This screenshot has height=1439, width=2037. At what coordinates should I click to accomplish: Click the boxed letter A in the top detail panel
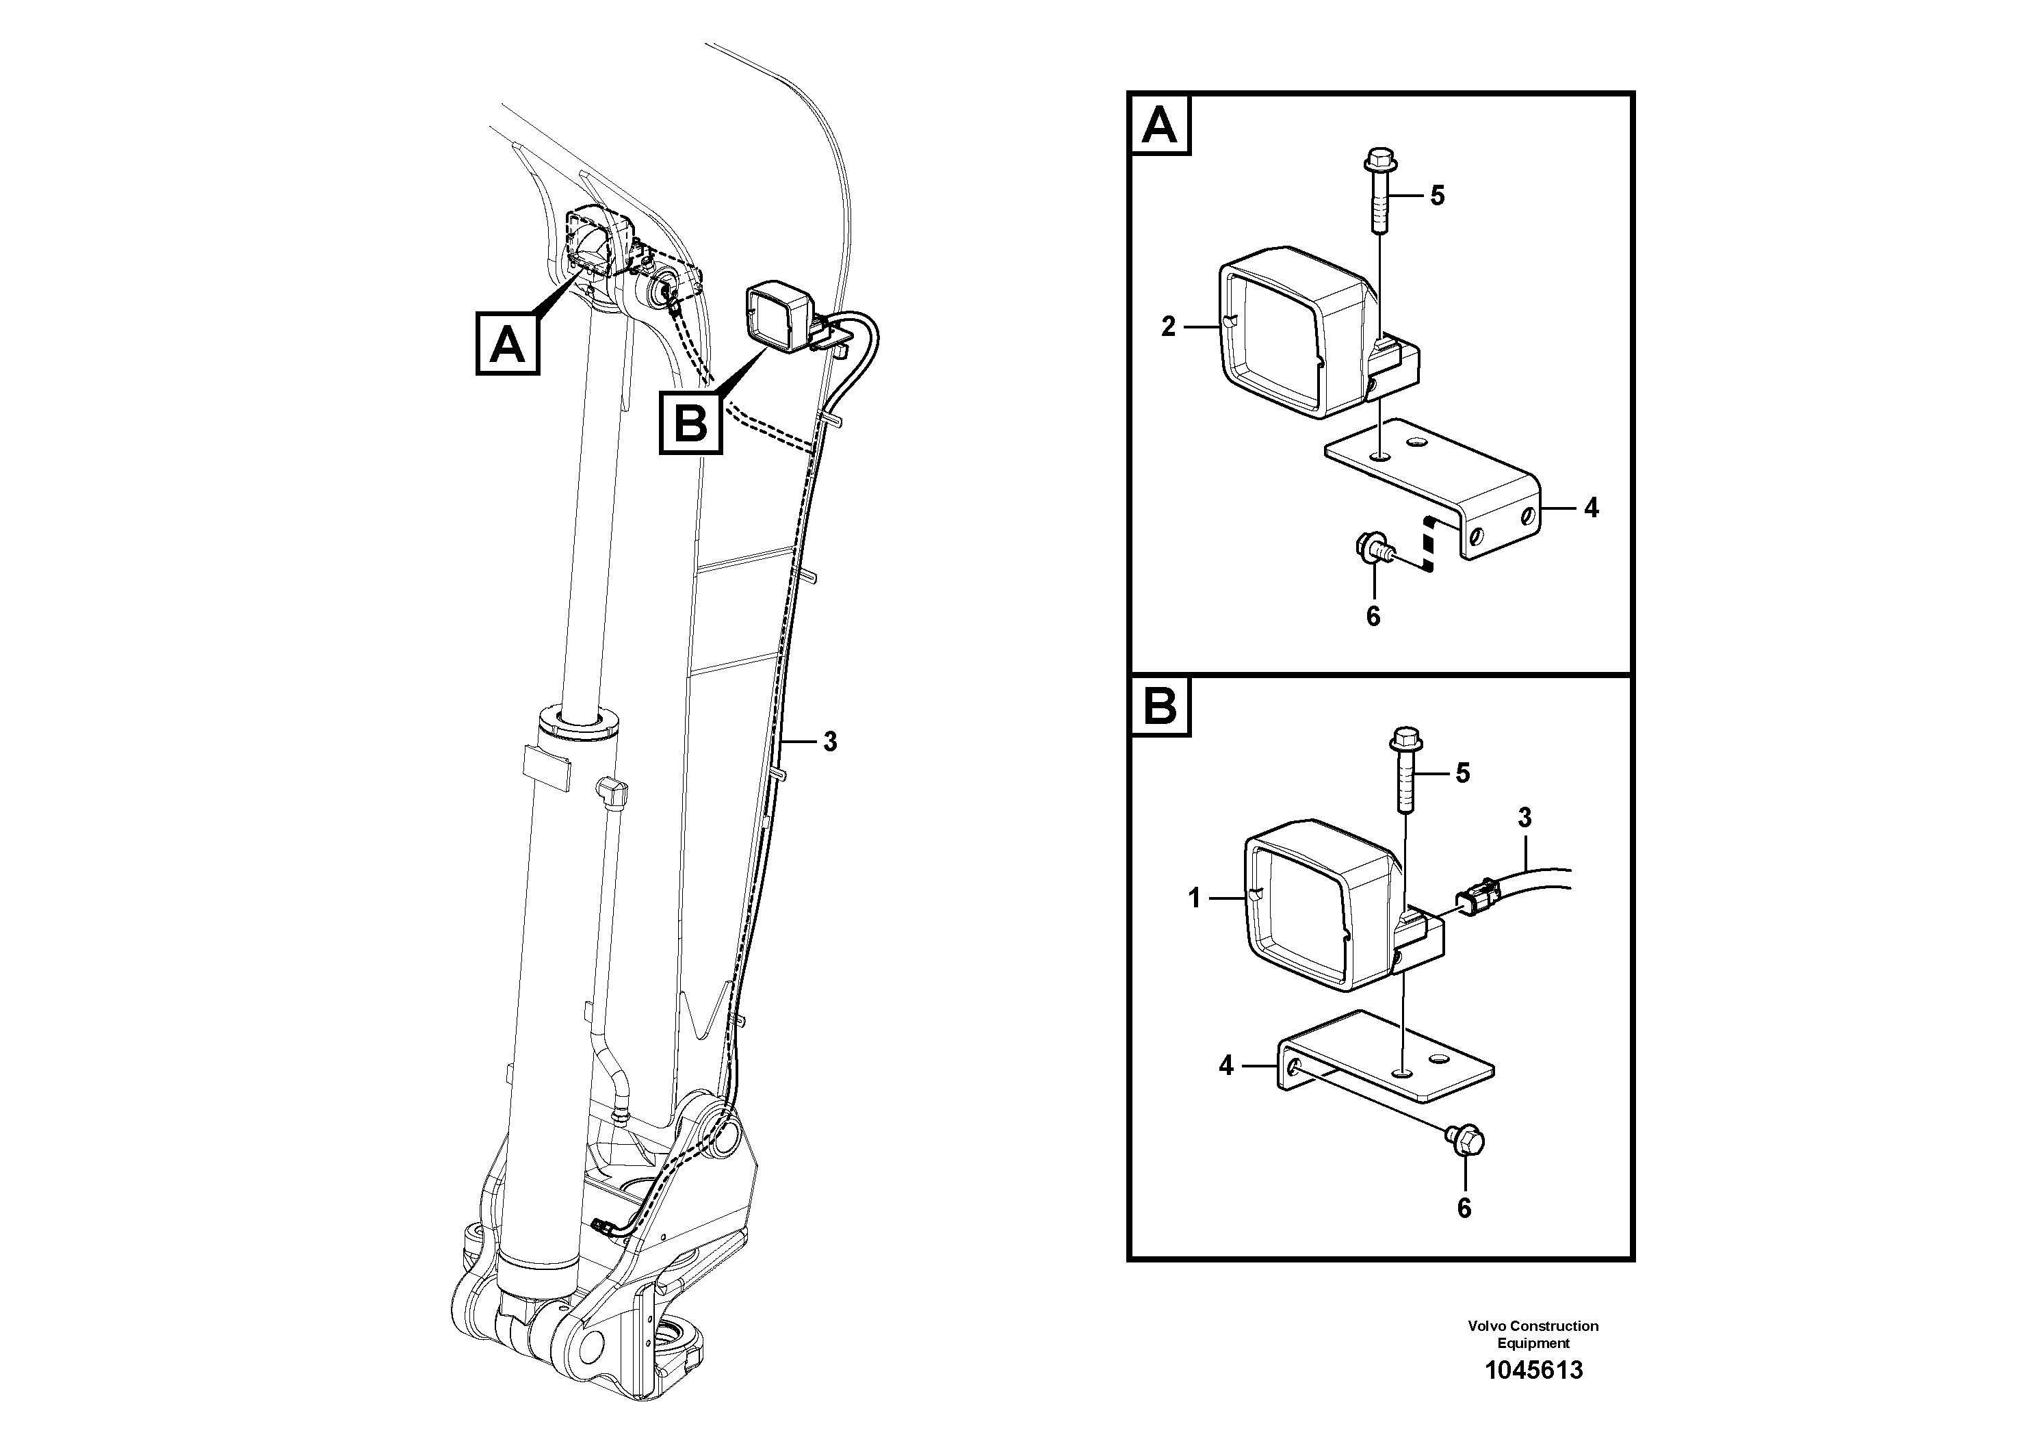(1160, 126)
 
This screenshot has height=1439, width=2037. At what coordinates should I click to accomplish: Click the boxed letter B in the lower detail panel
(1160, 707)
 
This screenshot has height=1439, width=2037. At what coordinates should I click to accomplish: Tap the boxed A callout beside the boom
(508, 343)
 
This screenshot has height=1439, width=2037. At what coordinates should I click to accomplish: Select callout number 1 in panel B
(1194, 898)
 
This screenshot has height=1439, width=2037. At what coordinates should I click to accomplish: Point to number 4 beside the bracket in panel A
(1591, 508)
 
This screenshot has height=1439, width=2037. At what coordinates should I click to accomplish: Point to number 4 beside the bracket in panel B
(1226, 1065)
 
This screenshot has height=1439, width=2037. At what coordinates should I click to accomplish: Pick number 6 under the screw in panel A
(1373, 616)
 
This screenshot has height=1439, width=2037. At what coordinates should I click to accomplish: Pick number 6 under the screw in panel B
(1464, 1208)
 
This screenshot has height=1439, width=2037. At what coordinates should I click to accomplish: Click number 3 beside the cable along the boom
(829, 742)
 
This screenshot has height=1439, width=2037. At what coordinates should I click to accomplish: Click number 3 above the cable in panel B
(1524, 817)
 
